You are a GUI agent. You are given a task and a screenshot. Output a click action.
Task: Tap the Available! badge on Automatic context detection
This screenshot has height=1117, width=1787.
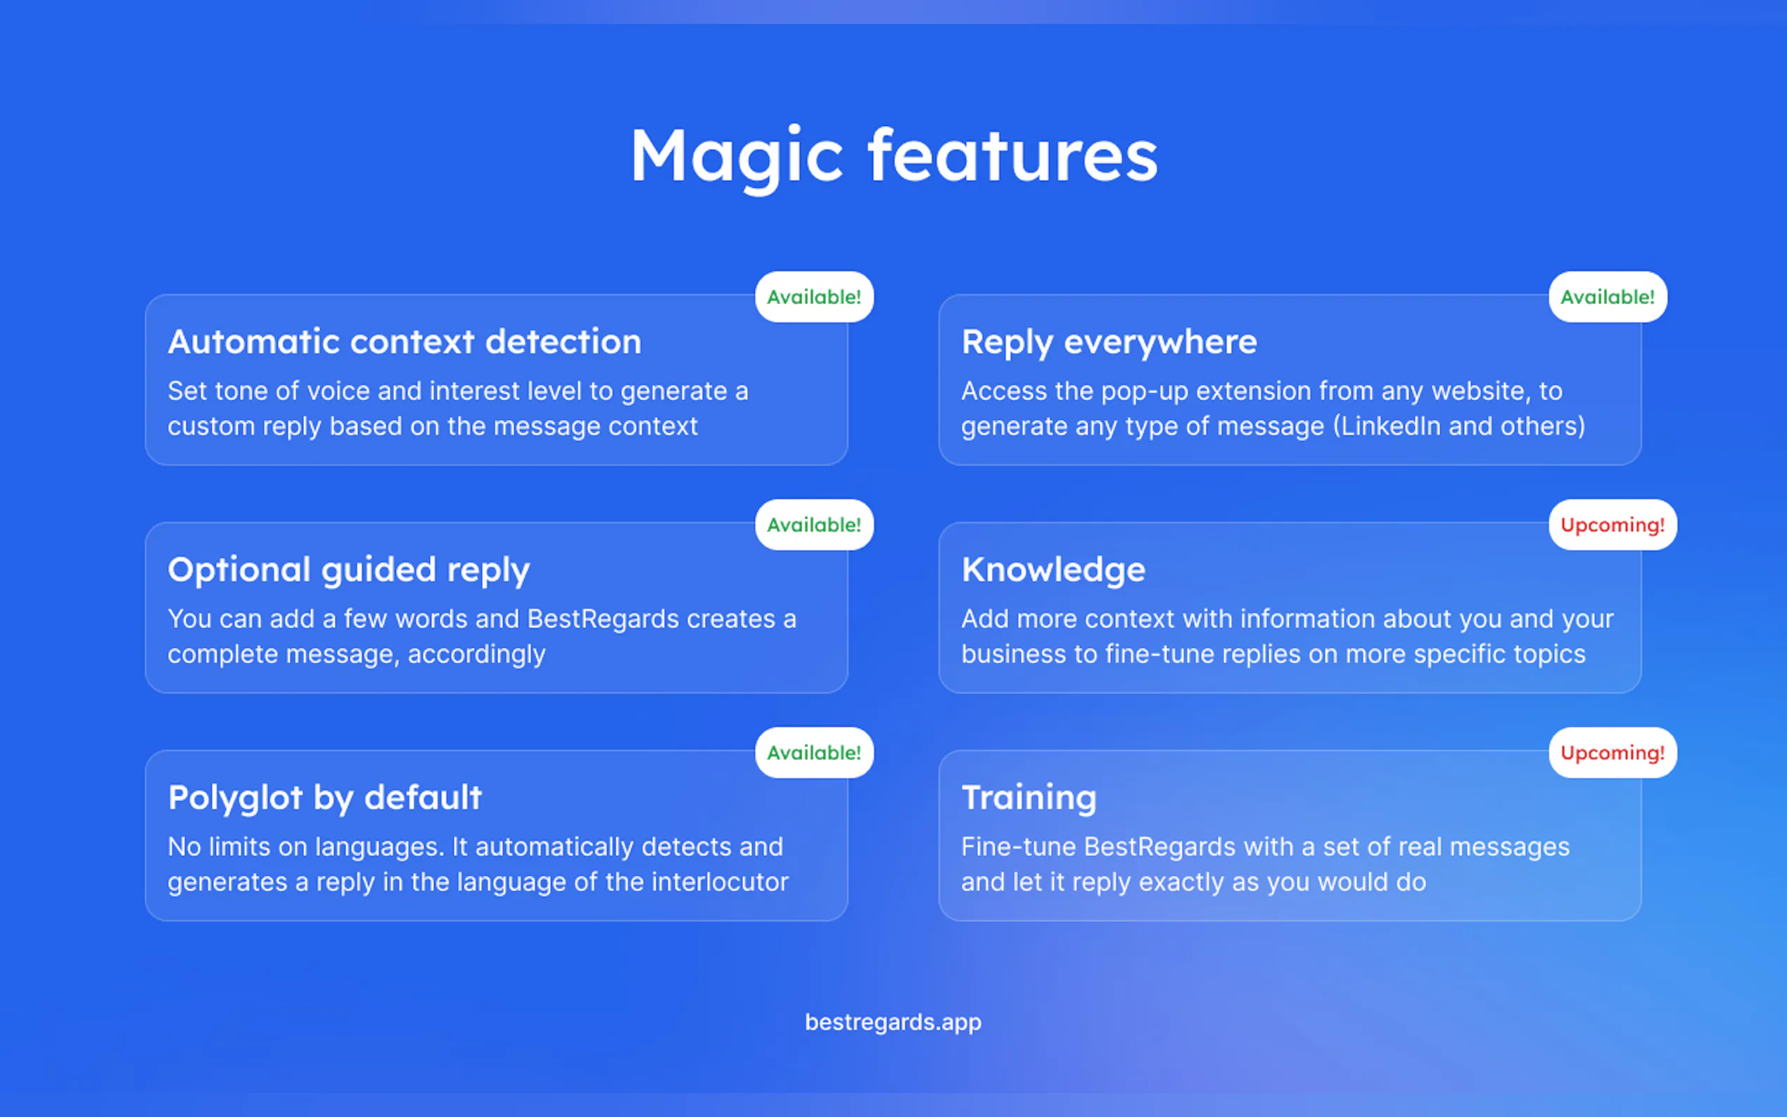pyautogui.click(x=814, y=297)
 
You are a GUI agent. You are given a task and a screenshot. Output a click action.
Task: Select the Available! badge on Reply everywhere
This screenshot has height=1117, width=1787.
pyautogui.click(x=1608, y=297)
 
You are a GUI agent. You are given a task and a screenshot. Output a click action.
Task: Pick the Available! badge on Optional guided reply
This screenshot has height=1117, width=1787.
pyautogui.click(x=814, y=525)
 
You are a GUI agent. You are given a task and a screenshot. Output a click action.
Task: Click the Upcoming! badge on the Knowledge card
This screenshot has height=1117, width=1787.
pyautogui.click(x=1613, y=525)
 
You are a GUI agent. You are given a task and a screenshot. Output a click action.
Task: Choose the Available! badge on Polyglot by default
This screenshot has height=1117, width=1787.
pyautogui.click(x=814, y=753)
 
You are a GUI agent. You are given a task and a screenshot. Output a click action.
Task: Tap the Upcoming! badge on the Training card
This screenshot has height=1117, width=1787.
pyautogui.click(x=1613, y=753)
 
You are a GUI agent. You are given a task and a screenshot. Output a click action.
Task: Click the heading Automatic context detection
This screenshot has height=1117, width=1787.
pyautogui.click(x=405, y=342)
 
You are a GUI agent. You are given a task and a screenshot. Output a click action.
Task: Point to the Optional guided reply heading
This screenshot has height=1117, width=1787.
pyautogui.click(x=349, y=571)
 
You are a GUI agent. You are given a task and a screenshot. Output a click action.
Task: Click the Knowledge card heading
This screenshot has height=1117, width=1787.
pyautogui.click(x=1053, y=571)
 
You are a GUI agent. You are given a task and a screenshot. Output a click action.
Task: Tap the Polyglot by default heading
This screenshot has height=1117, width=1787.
pyautogui.click(x=325, y=798)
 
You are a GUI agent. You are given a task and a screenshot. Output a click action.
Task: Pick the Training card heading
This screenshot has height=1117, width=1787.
pyautogui.click(x=1029, y=798)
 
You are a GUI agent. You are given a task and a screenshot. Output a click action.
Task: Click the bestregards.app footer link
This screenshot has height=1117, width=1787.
pyautogui.click(x=893, y=1023)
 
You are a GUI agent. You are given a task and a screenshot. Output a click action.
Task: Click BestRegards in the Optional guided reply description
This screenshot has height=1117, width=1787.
pyautogui.click(x=603, y=619)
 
